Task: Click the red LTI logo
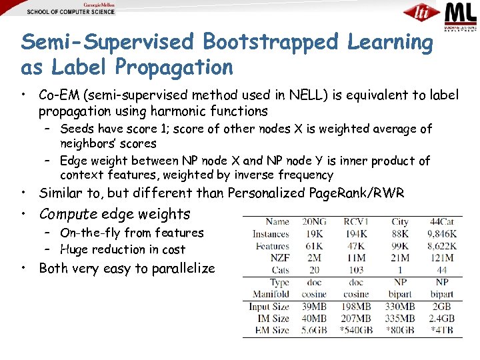[421, 13]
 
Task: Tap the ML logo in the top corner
[461, 16]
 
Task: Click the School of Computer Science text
[71, 12]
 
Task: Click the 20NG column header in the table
[313, 222]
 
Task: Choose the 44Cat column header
[441, 222]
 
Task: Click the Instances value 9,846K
[439, 234]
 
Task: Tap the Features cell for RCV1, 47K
[357, 246]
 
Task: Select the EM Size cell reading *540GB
[355, 331]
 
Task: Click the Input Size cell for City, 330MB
[399, 307]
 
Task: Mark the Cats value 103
[357, 270]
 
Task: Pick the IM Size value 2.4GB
[441, 319]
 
